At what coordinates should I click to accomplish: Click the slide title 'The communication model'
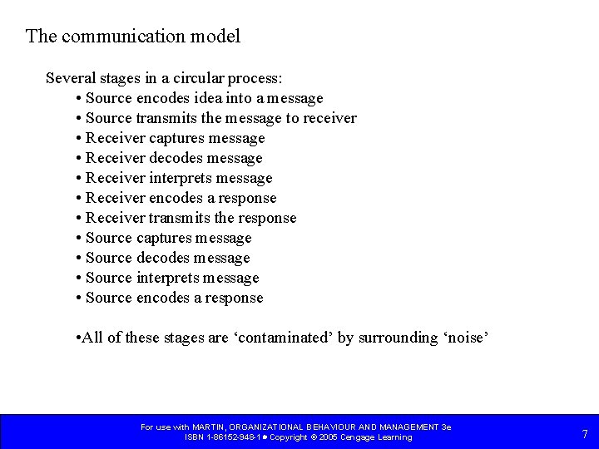tap(133, 37)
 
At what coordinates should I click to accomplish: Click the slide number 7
tap(585, 434)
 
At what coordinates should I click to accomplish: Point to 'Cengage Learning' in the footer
tap(378, 437)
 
